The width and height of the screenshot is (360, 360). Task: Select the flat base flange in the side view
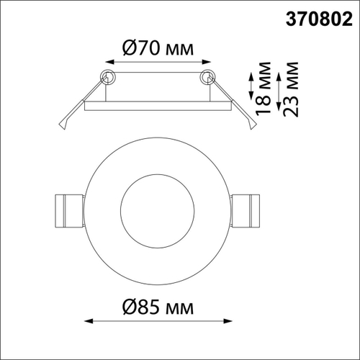click(x=157, y=107)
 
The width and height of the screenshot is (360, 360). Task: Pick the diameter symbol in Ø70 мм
click(x=122, y=48)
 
